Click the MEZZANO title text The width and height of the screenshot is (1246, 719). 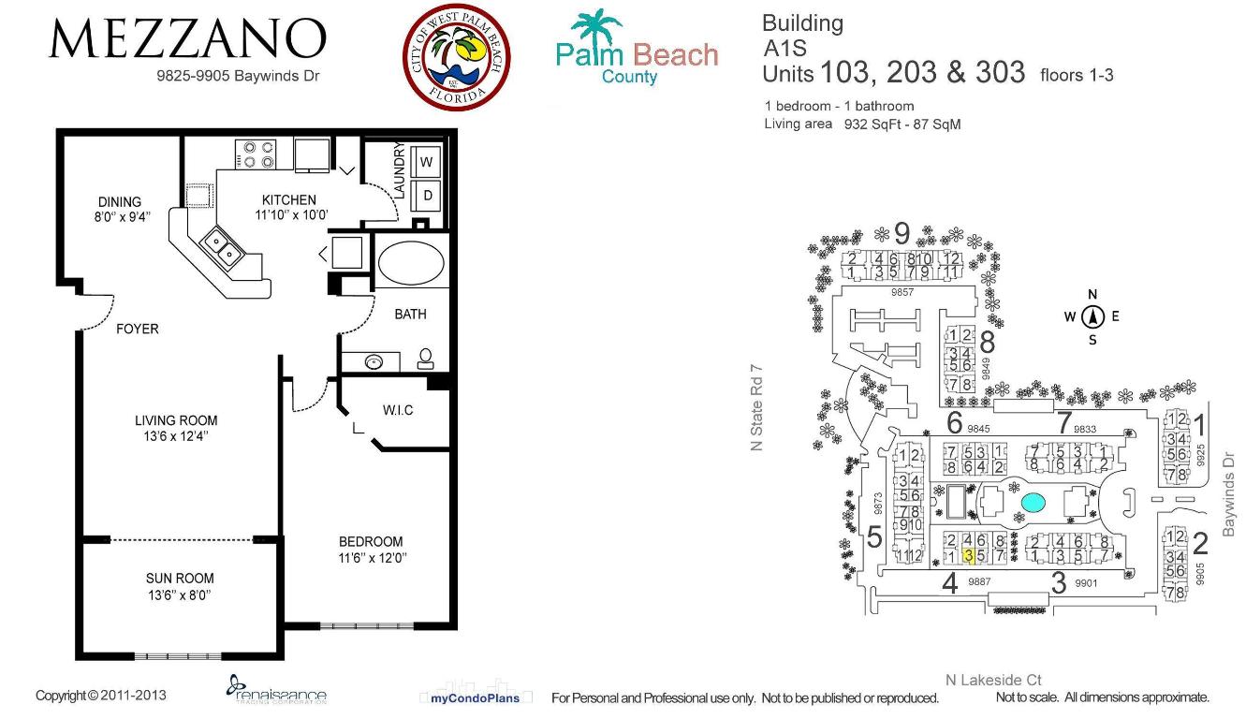[x=187, y=39]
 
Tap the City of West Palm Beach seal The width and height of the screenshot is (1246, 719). [x=457, y=57]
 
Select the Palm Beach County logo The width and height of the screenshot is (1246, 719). [x=637, y=49]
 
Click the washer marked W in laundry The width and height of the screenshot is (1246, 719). [x=428, y=162]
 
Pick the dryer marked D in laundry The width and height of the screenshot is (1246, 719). [x=428, y=196]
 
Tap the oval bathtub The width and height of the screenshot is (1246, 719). [x=411, y=263]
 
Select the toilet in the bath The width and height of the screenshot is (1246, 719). [x=425, y=358]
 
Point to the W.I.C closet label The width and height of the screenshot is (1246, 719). [x=398, y=410]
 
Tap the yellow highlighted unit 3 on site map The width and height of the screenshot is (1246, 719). [x=968, y=556]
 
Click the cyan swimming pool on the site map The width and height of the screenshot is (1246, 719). [x=1033, y=503]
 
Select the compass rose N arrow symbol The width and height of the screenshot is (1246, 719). [x=1092, y=317]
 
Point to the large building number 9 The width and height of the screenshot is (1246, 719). [x=902, y=231]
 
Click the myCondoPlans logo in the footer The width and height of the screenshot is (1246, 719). [x=476, y=697]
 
